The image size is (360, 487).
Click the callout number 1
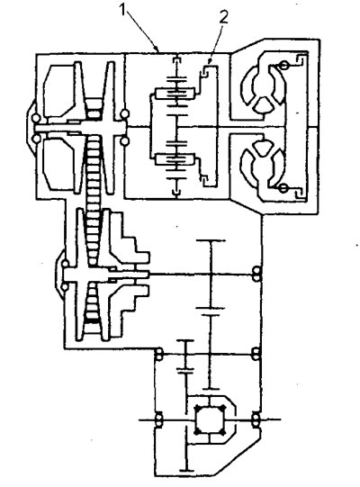(x=123, y=10)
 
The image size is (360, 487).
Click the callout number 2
(x=223, y=17)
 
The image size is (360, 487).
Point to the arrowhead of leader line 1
(x=157, y=50)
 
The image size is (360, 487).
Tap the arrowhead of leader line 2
(x=210, y=62)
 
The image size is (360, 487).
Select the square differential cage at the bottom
(x=210, y=419)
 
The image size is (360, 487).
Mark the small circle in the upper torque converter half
(x=283, y=65)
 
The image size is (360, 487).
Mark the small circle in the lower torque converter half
(x=283, y=188)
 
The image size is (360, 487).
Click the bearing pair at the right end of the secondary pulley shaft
(x=256, y=275)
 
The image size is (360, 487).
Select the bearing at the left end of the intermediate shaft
(x=158, y=354)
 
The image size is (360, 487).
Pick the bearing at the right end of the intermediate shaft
(x=256, y=354)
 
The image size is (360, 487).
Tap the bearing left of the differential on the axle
(x=158, y=419)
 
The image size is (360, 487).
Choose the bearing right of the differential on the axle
(x=256, y=419)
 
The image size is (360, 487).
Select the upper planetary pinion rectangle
(x=175, y=94)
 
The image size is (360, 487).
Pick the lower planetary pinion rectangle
(x=175, y=159)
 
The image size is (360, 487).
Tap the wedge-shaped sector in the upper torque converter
(x=264, y=105)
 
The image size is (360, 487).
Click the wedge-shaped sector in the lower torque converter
(x=264, y=149)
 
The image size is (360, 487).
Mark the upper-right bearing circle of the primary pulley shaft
(x=125, y=114)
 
